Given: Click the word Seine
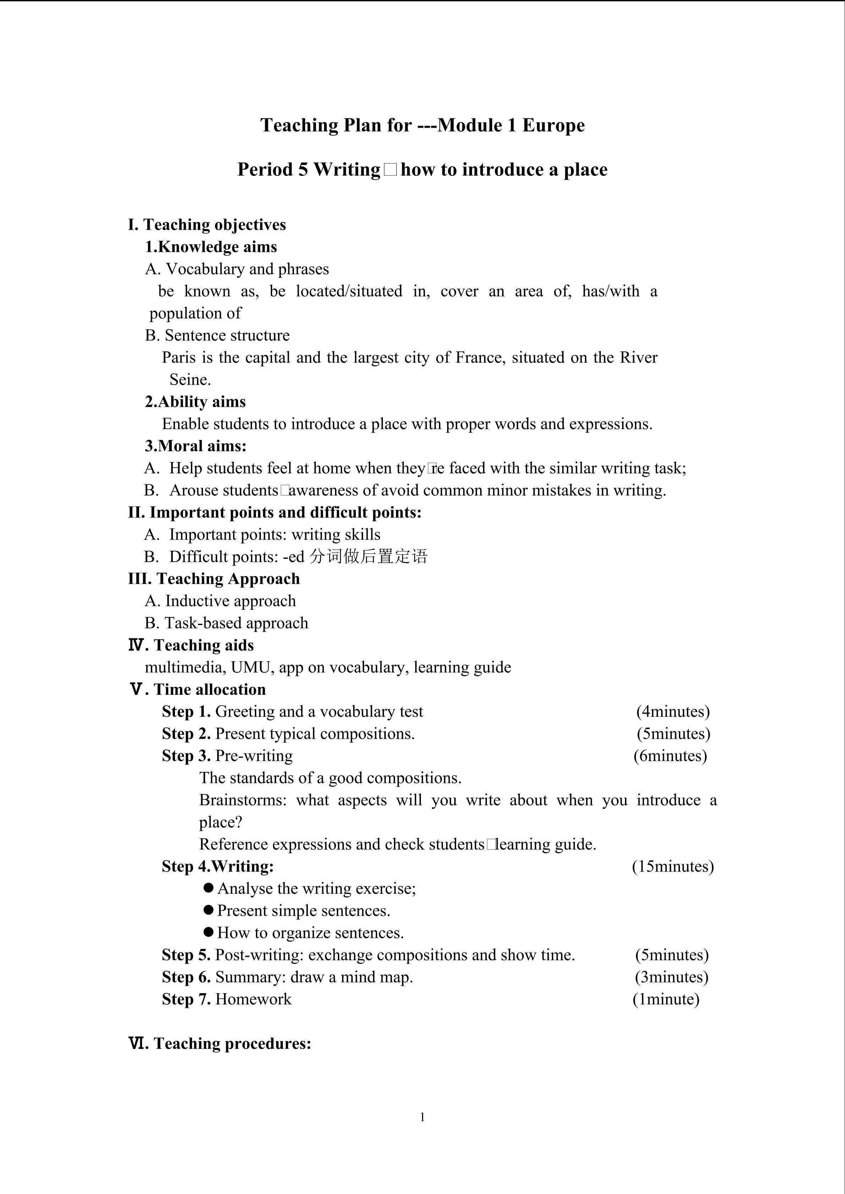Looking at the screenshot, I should tap(190, 380).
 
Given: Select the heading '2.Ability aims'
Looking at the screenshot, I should tap(195, 402).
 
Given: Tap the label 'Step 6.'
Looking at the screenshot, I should tap(186, 977).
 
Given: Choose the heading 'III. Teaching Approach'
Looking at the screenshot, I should tap(214, 579).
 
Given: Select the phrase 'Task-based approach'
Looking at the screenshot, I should tap(236, 623).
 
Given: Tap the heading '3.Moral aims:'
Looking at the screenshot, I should tap(196, 446).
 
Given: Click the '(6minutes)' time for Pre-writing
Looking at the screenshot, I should tap(670, 756).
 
